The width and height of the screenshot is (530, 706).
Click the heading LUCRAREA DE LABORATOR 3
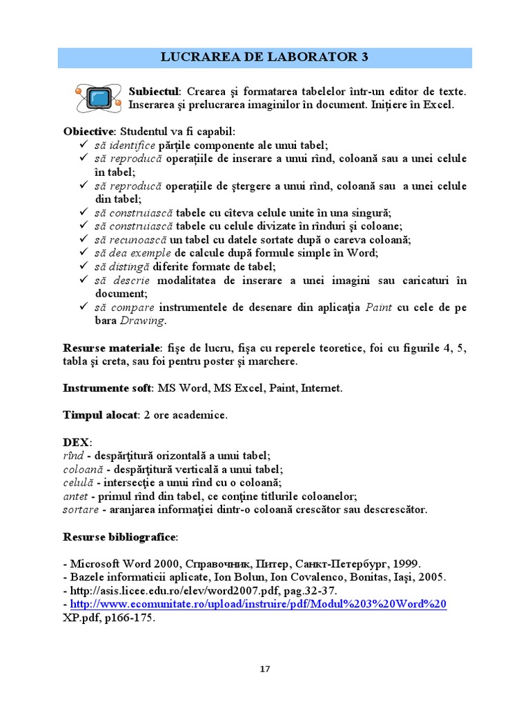[x=264, y=57]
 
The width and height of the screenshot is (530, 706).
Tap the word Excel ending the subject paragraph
[x=439, y=105]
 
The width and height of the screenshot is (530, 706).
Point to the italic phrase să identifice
[x=125, y=145]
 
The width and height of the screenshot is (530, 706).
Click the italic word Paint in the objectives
[x=378, y=307]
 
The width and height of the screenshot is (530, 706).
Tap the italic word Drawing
[x=142, y=321]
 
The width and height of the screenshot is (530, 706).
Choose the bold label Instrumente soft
[x=107, y=388]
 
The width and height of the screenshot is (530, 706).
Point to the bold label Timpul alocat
[x=100, y=416]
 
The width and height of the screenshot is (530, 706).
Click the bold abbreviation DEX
[x=76, y=443]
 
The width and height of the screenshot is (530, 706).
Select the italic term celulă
[x=78, y=483]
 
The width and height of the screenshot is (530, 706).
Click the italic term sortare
[x=80, y=510]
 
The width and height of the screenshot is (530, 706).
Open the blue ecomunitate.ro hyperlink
[x=259, y=604]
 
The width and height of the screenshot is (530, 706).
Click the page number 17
[x=265, y=669]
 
